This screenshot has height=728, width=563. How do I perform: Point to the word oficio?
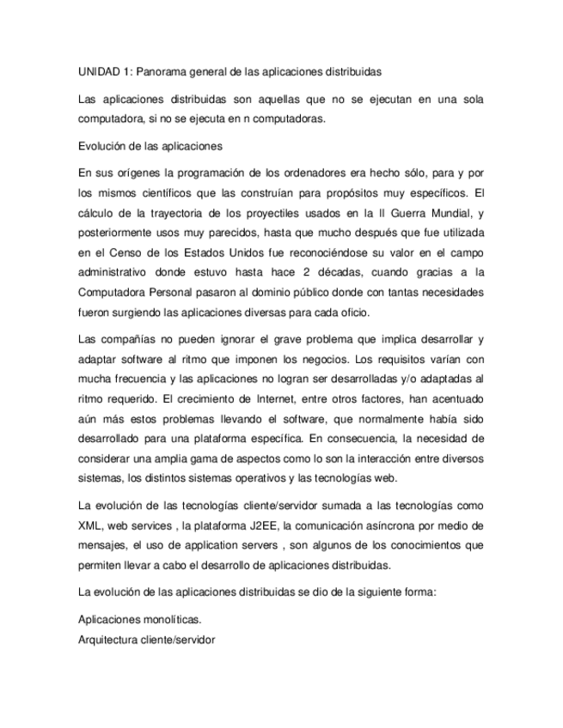click(x=351, y=312)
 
